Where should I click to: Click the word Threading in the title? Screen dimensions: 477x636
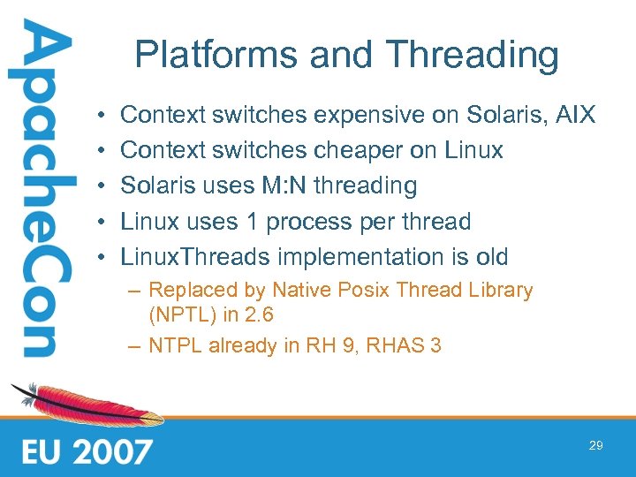(473, 55)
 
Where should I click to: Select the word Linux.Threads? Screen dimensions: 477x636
(195, 258)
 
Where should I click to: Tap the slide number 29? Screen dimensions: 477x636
(596, 446)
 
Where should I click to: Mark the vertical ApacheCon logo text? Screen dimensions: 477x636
(35, 190)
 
